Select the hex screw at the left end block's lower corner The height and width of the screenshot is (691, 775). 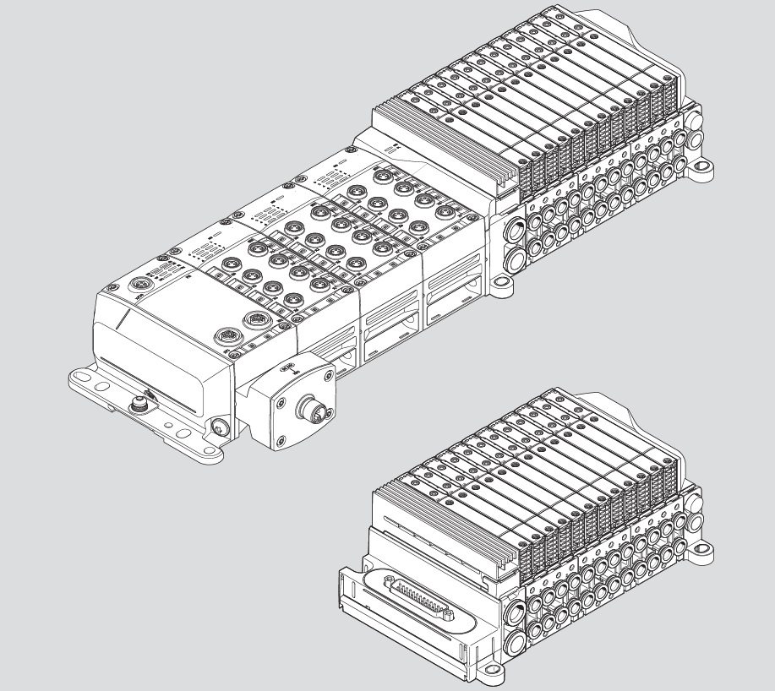(222, 427)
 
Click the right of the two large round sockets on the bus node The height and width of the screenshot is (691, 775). (253, 321)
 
